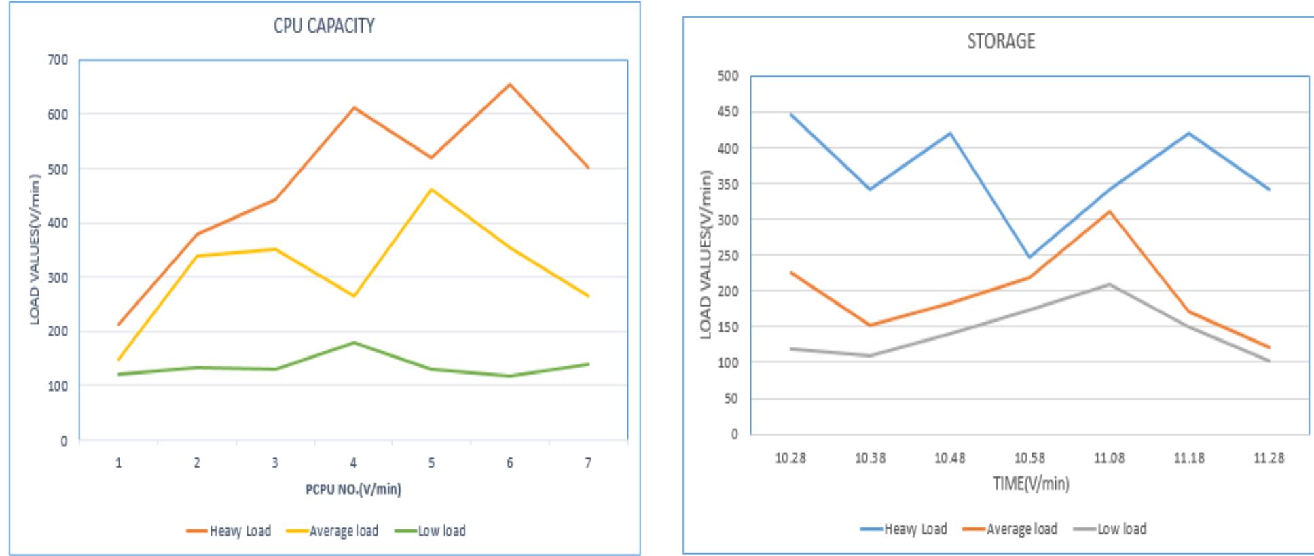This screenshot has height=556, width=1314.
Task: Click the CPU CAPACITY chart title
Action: pos(324,26)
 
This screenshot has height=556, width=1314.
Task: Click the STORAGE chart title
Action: pos(1001,41)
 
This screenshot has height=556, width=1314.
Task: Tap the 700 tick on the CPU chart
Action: pos(58,60)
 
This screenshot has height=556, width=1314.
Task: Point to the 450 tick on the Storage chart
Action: pos(728,111)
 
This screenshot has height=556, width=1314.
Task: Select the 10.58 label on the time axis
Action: pos(1029,457)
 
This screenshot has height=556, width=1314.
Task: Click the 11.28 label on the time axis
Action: pos(1269,457)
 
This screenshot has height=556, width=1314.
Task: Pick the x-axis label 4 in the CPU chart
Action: pos(353,463)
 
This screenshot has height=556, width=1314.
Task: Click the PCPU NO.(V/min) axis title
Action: pos(353,489)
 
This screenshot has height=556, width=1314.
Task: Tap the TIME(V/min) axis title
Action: pos(1031,483)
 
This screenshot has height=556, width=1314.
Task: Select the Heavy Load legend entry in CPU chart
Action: pos(229,531)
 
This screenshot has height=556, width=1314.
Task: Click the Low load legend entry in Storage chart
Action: pos(1110,529)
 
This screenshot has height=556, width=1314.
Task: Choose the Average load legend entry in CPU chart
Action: pos(333,531)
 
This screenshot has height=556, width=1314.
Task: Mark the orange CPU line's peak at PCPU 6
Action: pos(509,84)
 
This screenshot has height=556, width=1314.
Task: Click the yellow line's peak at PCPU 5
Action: pos(431,189)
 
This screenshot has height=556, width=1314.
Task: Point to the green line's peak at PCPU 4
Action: pos(353,343)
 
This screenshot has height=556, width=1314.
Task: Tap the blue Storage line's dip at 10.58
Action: pos(1029,257)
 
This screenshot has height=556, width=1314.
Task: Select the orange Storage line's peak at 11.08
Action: pos(1109,211)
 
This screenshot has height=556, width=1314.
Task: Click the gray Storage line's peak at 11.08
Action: pos(1109,284)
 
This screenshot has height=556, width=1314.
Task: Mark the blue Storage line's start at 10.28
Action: pos(791,114)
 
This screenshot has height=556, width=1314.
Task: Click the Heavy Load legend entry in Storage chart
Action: pos(904,529)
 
